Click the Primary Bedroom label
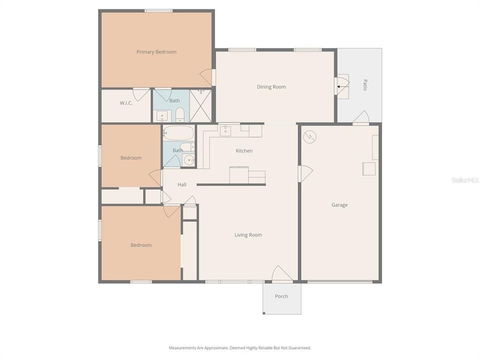tap(156, 52)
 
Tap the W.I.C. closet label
tap(126, 103)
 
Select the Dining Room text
tap(271, 87)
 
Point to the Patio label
tap(365, 85)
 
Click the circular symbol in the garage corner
tap(310, 137)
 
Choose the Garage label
tap(339, 205)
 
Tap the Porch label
tap(281, 296)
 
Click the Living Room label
tap(248, 235)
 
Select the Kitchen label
tap(244, 151)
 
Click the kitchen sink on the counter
tap(225, 130)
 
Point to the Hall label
tap(182, 185)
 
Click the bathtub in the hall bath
tap(178, 133)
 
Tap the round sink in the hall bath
tap(188, 160)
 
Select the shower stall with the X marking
tap(200, 106)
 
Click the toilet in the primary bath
tap(180, 114)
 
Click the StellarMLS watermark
tap(465, 180)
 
